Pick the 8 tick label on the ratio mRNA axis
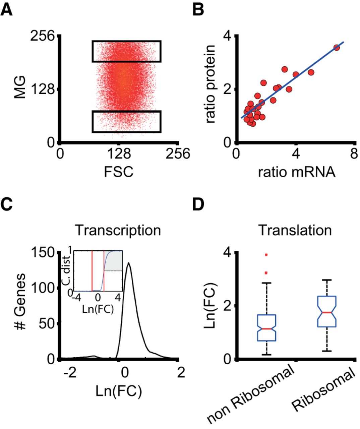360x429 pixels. pyautogui.click(x=352, y=155)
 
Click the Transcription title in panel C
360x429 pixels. pyautogui.click(x=118, y=231)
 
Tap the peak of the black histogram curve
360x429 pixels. pyautogui.click(x=129, y=263)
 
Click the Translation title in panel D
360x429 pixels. pyautogui.click(x=296, y=231)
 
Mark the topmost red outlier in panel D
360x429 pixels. pyautogui.click(x=266, y=255)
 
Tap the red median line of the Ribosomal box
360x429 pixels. pyautogui.click(x=326, y=312)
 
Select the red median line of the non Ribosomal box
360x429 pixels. pyautogui.click(x=266, y=329)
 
